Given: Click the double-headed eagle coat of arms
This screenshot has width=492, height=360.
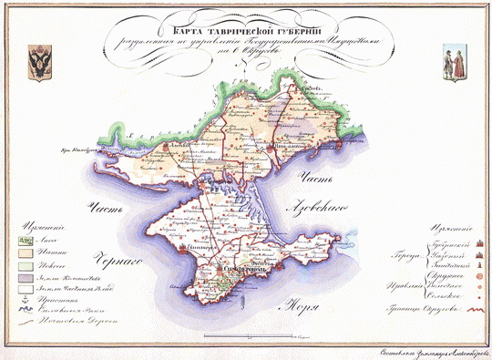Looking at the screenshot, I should click(x=41, y=61).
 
